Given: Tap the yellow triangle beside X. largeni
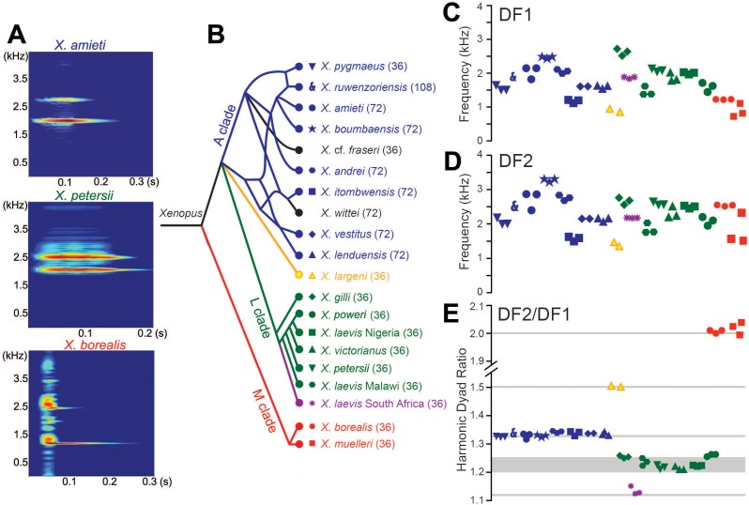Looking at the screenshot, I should coord(312,275).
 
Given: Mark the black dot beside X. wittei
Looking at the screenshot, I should coord(298,213).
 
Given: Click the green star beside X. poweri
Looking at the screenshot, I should coord(312,314).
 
